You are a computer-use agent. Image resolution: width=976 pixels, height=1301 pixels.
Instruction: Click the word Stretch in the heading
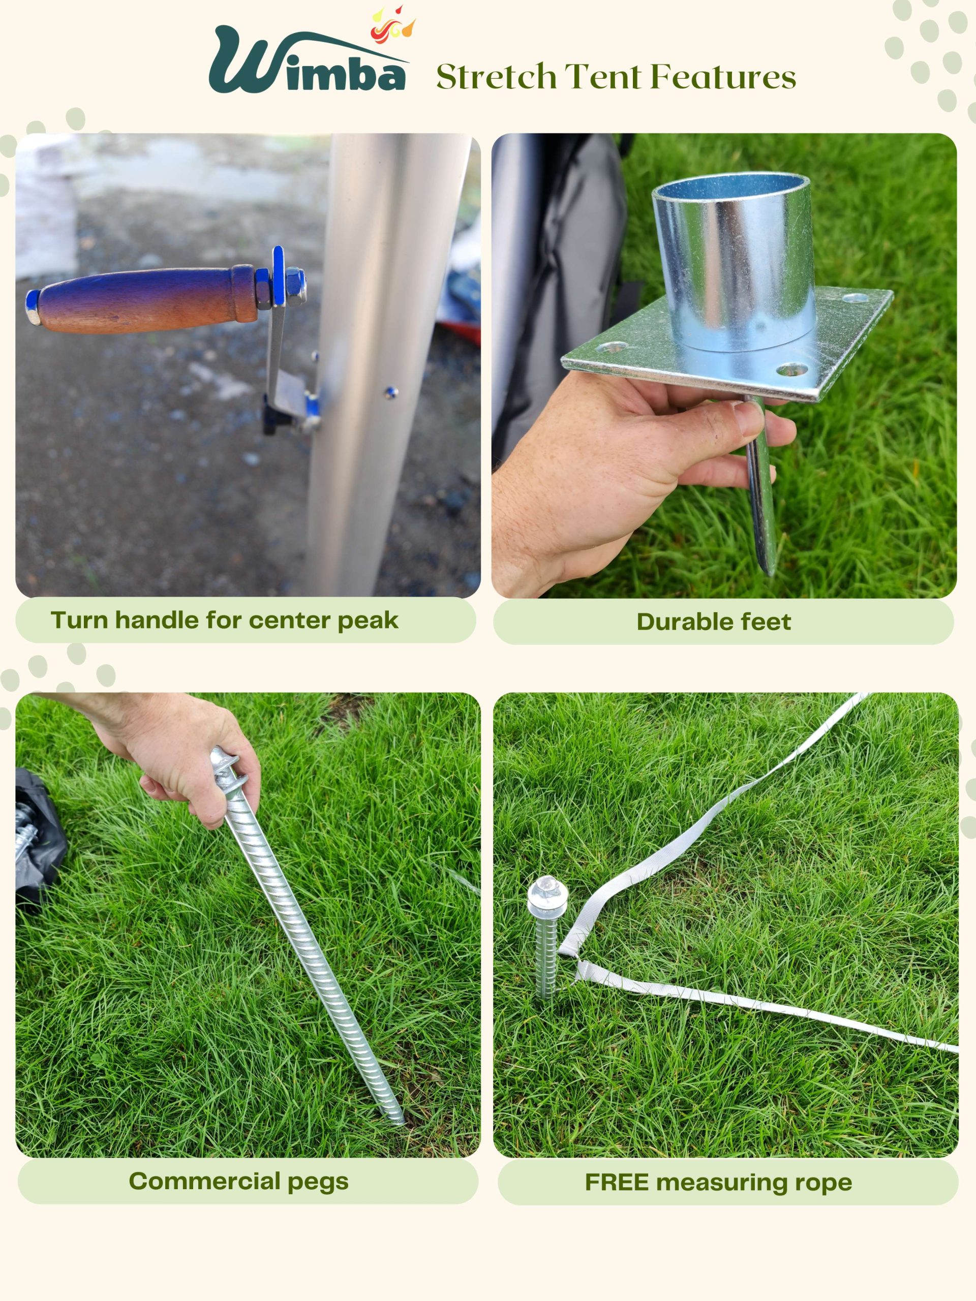click(497, 77)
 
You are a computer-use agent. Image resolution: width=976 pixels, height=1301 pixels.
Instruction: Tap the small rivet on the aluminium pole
click(390, 392)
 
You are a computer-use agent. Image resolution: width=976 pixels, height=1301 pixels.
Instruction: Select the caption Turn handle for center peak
click(224, 621)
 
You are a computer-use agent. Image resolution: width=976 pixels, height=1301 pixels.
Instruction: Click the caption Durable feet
click(714, 622)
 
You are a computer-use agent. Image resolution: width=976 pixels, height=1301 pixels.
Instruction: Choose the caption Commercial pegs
click(239, 1182)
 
